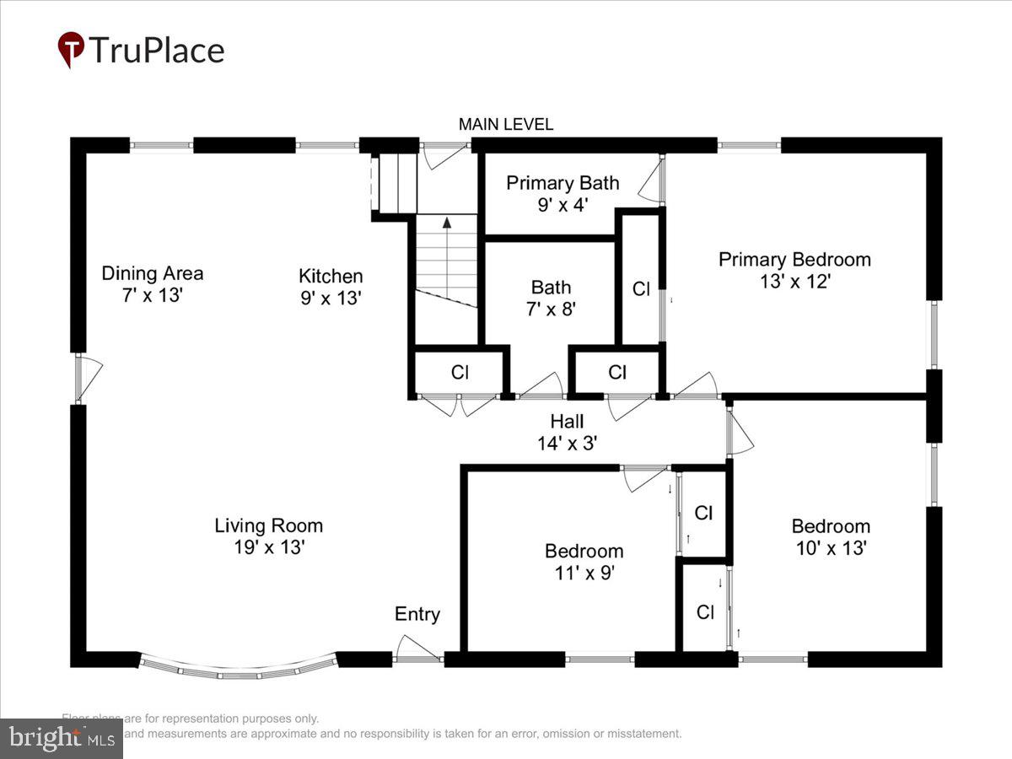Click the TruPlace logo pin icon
tap(71, 49)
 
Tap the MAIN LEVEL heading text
tap(506, 125)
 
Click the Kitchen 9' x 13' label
tap(331, 287)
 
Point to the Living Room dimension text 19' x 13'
tap(269, 547)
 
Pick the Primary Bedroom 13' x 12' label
tap(794, 270)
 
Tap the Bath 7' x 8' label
tap(551, 298)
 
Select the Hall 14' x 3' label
tap(567, 431)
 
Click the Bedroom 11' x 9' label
tap(584, 562)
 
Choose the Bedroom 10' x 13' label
tap(830, 536)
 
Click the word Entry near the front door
tap(417, 615)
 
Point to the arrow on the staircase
tap(447, 223)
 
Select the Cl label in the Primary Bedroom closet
tap(641, 289)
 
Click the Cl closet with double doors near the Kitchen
tap(460, 372)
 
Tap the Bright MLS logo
tap(61, 739)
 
